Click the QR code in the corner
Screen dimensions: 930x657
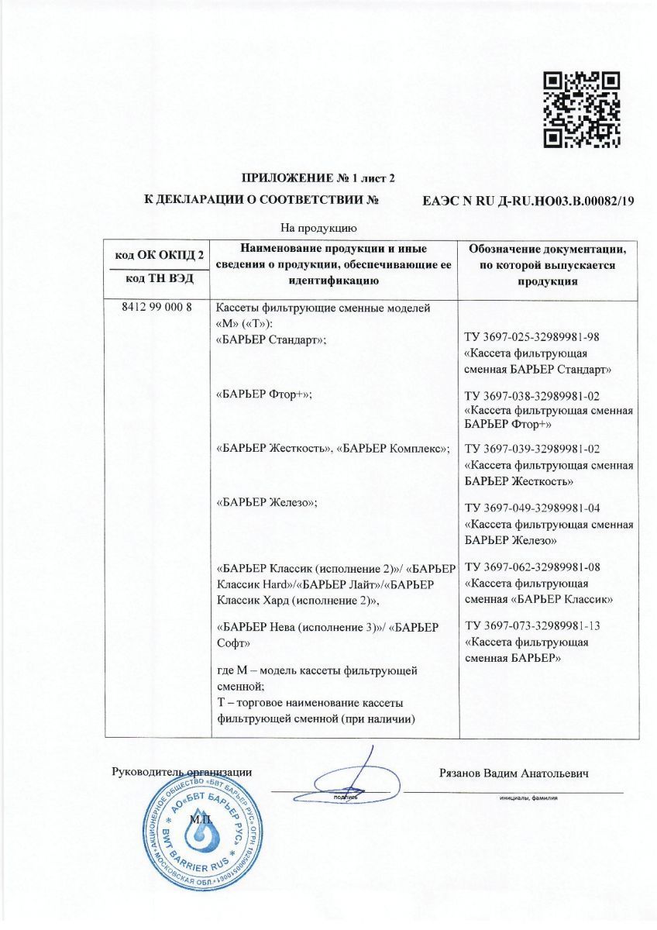582,109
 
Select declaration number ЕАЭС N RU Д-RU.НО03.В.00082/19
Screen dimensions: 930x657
528,201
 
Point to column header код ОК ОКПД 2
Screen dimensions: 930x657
160,255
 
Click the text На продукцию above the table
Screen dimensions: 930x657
318,229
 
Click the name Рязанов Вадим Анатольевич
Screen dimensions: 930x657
514,773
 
